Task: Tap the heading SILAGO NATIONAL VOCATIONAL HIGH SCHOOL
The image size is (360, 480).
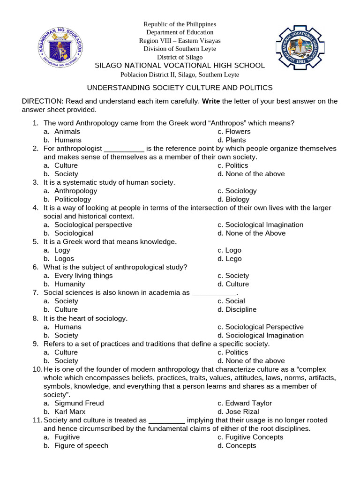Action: [180, 66]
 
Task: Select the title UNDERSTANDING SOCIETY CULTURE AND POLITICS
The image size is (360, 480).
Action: [180, 88]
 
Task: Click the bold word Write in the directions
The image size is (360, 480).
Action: [211, 101]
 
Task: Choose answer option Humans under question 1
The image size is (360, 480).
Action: [67, 140]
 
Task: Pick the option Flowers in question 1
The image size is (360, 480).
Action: [238, 131]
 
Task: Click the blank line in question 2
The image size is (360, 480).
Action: [124, 149]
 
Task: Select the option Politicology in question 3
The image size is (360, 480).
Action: [73, 199]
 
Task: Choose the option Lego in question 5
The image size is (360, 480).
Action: [233, 258]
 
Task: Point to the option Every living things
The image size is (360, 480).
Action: [83, 276]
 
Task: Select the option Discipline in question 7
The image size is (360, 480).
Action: [241, 309]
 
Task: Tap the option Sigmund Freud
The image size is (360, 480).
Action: [79, 403]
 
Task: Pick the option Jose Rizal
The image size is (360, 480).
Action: [242, 412]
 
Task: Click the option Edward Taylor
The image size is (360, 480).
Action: [248, 403]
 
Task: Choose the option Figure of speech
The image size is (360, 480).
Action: [81, 445]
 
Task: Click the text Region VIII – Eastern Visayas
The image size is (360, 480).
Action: [180, 41]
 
